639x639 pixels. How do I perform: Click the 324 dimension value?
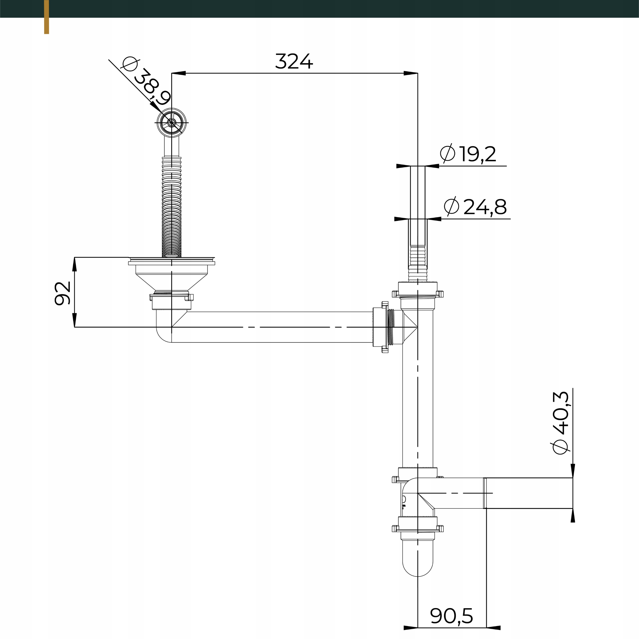tap(294, 61)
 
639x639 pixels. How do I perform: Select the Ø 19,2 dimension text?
tap(468, 154)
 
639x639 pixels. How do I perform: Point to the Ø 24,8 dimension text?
tap(475, 207)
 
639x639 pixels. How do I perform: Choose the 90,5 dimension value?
tap(452, 616)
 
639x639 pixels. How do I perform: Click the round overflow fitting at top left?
tap(171, 122)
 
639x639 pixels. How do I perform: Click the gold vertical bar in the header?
tap(46, 16)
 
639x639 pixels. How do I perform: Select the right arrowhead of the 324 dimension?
tap(411, 73)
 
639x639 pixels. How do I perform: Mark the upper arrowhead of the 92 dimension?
tap(74, 265)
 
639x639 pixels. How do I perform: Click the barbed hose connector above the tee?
tap(418, 263)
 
